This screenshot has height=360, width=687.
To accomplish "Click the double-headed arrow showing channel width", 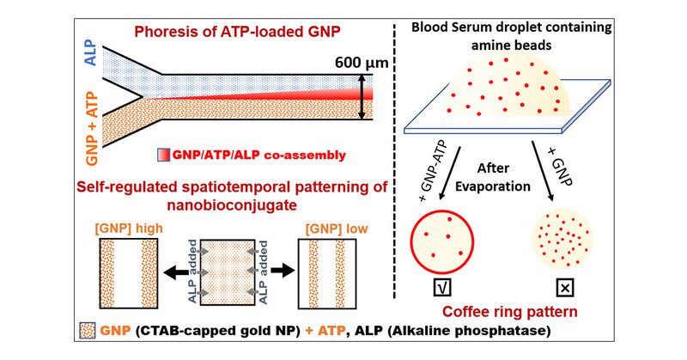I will coord(362,96).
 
